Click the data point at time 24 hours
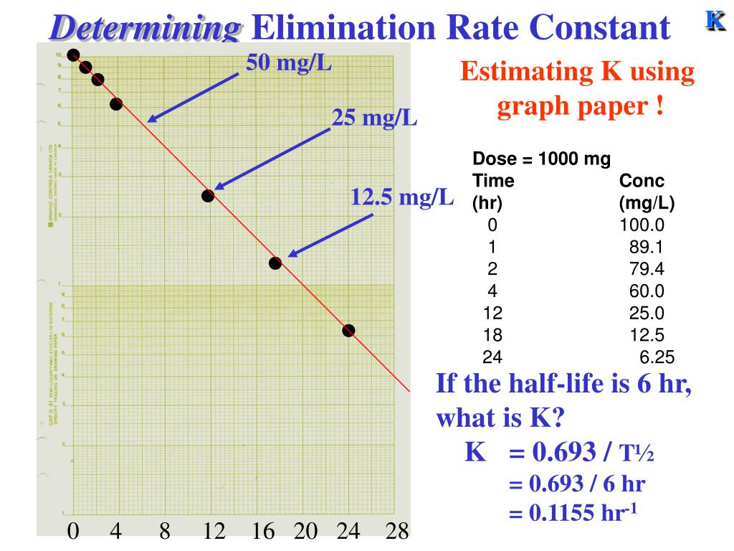point(348,330)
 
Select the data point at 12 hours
point(208,195)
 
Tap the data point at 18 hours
point(275,263)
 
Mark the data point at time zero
point(73,55)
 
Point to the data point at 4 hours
point(116,104)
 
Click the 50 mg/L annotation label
point(289,63)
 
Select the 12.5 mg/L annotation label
point(402,197)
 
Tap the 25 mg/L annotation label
point(374,118)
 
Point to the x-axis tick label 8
point(165,532)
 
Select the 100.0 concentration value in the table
point(642,225)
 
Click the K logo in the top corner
point(714,21)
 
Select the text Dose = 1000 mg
point(541,159)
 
